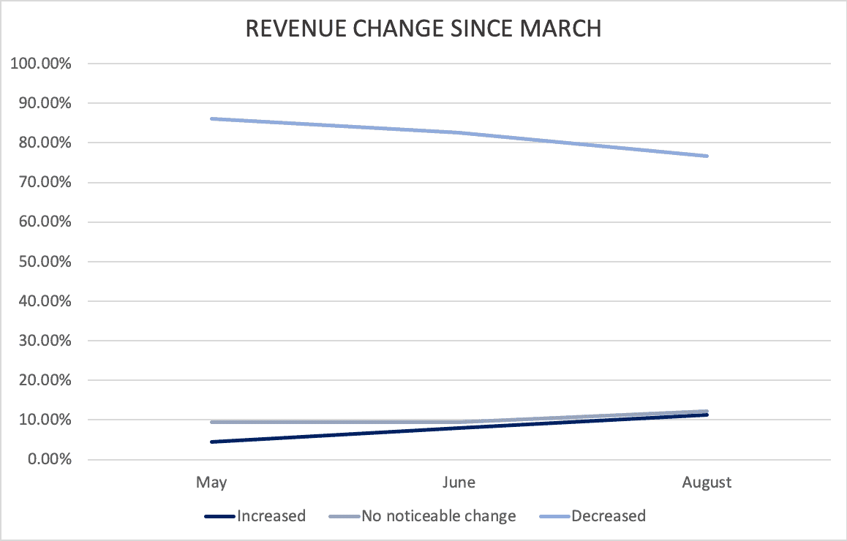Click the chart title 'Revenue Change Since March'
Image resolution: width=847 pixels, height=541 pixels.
[423, 29]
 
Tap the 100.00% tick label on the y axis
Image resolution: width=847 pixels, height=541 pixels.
[41, 64]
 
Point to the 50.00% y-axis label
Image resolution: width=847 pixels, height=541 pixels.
[45, 261]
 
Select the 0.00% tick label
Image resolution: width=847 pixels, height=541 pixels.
[50, 459]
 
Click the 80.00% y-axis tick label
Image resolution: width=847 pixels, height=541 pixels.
[45, 143]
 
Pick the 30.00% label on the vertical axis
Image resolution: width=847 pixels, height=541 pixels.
[45, 341]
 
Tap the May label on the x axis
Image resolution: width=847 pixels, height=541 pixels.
[211, 483]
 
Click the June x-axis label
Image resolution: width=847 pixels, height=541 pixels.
[459, 482]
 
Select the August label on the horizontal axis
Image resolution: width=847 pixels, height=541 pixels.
[707, 483]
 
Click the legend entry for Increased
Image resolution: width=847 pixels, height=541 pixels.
[255, 516]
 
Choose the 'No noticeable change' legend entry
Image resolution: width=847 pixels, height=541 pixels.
[423, 516]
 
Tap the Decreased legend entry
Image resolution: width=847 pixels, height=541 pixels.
[592, 516]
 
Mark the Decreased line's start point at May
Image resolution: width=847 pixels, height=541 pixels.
[211, 118]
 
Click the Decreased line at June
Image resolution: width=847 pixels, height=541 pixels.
[459, 132]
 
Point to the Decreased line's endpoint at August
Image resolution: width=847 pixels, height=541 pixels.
[707, 156]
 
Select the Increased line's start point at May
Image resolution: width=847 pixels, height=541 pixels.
[211, 442]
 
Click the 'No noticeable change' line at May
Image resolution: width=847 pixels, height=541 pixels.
[211, 422]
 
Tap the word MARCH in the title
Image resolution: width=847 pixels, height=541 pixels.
[561, 29]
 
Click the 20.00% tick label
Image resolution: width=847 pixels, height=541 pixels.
[45, 380]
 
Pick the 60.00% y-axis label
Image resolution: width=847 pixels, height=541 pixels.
[45, 222]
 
